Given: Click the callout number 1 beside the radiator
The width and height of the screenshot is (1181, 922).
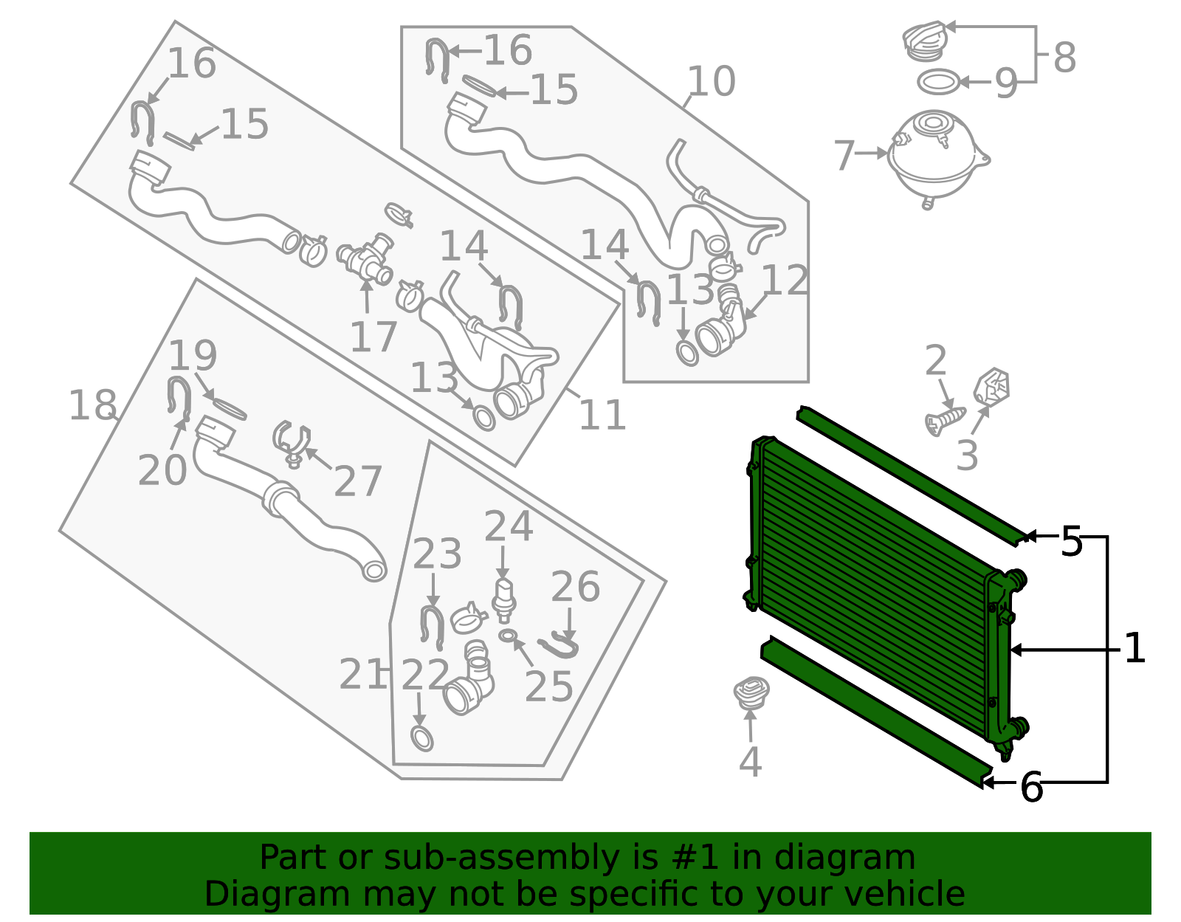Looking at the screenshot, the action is click(1134, 648).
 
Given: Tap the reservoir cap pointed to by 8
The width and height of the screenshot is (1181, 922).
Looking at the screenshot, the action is click(924, 41).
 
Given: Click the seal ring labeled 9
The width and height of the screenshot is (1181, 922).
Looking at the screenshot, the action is click(938, 82).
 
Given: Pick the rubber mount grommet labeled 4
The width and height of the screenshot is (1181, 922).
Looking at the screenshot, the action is click(751, 693).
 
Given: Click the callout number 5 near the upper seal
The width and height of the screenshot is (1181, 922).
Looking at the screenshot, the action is click(1071, 541).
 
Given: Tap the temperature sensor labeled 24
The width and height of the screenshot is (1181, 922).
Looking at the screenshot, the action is click(504, 601).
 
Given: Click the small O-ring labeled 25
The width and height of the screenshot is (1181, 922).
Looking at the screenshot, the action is click(508, 635).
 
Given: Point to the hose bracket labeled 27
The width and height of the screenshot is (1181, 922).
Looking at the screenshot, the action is click(292, 444).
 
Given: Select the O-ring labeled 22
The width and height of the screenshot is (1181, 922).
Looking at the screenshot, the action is click(421, 738).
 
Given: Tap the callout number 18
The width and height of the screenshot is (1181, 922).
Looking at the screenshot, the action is click(92, 405).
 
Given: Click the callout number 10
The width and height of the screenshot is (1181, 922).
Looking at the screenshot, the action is click(712, 81).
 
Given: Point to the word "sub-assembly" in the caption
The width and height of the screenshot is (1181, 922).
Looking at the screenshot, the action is click(501, 857).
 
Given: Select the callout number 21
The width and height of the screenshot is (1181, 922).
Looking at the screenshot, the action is click(362, 674).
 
